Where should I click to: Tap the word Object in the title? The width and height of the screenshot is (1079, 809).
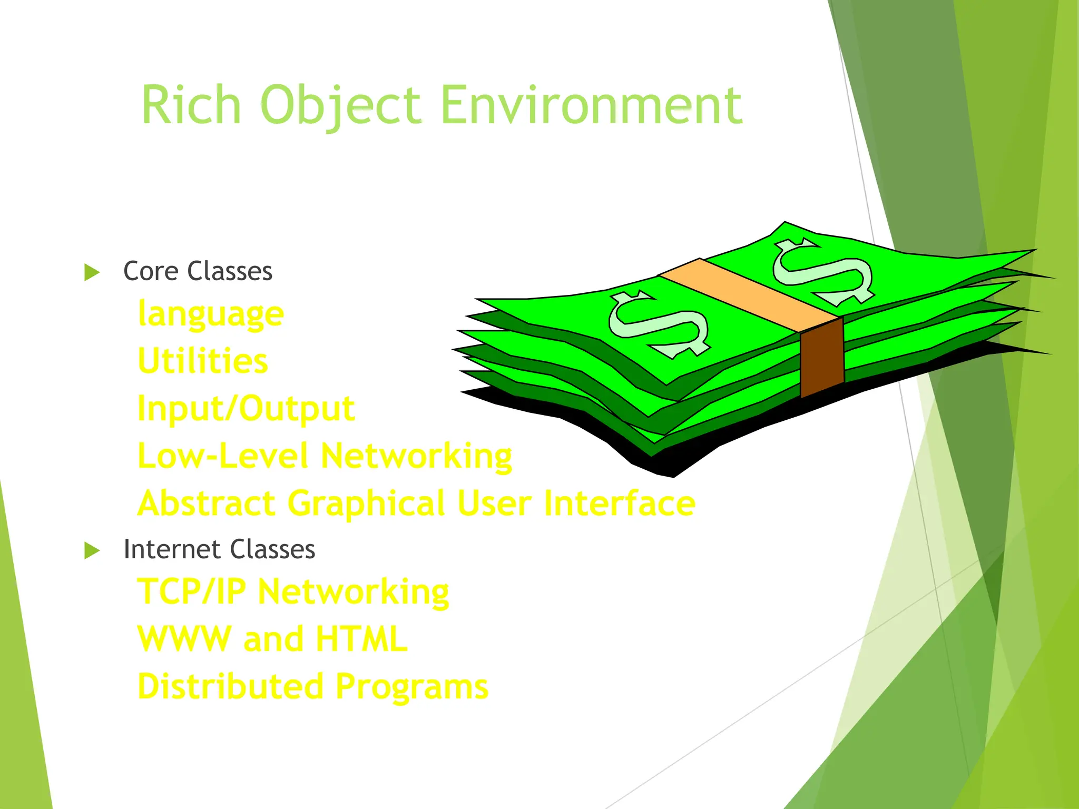[x=341, y=105]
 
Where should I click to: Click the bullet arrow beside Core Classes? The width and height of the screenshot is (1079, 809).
[x=92, y=272]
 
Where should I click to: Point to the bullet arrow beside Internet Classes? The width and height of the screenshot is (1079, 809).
[x=92, y=550]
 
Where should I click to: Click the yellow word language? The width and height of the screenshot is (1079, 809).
[x=211, y=314]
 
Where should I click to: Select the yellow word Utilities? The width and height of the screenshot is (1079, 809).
[x=203, y=361]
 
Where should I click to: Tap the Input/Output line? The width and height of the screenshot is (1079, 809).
[x=246, y=409]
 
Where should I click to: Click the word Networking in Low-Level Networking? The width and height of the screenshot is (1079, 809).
[x=416, y=456]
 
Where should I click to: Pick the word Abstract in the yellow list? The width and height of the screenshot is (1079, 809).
[x=207, y=503]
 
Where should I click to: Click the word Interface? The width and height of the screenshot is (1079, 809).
[x=620, y=503]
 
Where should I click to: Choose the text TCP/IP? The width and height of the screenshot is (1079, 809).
[x=191, y=591]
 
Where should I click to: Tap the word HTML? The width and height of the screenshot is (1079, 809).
[x=361, y=639]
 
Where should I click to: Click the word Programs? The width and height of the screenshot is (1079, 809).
[x=412, y=687]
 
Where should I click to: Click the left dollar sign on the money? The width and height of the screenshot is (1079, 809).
[x=659, y=325]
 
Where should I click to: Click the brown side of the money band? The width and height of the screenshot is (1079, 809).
[x=822, y=358]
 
